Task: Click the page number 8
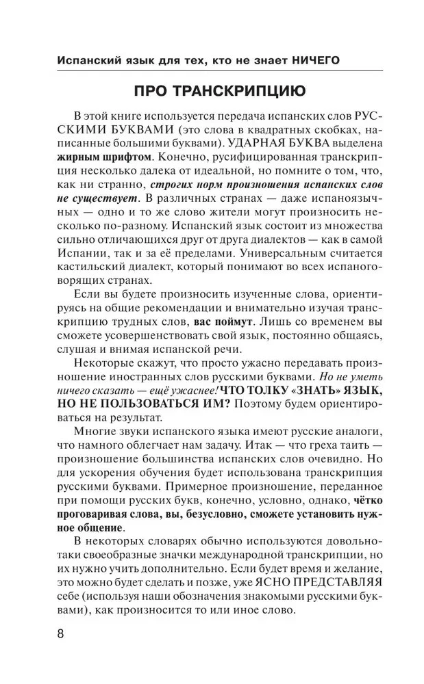(60, 633)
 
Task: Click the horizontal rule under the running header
(212, 70)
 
